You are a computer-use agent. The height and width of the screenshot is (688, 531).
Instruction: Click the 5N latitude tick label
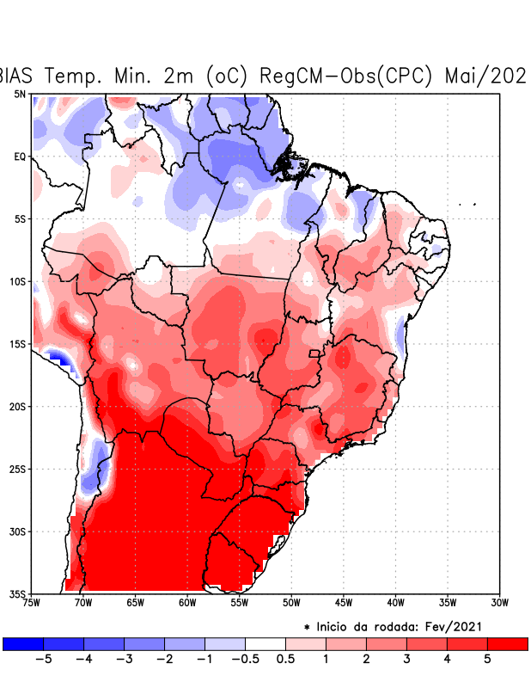pos(20,94)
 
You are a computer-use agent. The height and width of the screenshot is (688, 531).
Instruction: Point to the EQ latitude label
pos(20,157)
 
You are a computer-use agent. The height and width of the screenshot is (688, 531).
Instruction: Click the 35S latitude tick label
pos(18,593)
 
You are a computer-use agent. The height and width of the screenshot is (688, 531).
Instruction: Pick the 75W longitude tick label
pos(33,602)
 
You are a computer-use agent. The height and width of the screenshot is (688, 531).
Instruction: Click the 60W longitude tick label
pos(187,602)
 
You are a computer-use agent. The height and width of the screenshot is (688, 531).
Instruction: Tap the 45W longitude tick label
pos(343,602)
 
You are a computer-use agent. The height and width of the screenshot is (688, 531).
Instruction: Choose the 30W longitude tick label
pos(498,602)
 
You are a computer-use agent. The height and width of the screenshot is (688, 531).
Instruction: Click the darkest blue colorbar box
pos(23,643)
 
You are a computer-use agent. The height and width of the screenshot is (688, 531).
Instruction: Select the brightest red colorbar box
pos(507,643)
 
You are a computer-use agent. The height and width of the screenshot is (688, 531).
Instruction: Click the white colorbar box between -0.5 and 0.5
pos(265,643)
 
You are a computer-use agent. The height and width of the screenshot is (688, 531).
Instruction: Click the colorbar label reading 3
pos(406,660)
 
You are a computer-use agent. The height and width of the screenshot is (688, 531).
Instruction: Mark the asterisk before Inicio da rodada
pos(307,629)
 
